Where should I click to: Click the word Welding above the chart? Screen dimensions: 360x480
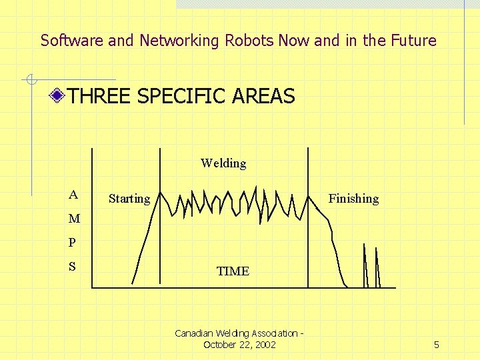tap(223, 163)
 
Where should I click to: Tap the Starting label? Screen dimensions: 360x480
tap(129, 199)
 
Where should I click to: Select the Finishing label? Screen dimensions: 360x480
tap(353, 199)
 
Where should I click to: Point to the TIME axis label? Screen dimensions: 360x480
tap(233, 271)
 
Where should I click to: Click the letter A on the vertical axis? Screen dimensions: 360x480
tap(73, 195)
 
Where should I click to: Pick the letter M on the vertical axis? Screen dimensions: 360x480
tap(74, 219)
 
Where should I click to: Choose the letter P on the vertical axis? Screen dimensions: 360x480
tap(73, 243)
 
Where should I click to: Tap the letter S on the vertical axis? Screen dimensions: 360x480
tap(73, 267)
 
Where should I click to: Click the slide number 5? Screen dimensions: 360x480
tap(436, 345)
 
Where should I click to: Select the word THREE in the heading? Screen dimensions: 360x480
tap(100, 97)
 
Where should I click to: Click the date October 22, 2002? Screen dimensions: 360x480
tap(239, 345)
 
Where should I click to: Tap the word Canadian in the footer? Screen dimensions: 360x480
tap(193, 333)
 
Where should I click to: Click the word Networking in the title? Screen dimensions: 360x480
tap(179, 41)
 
